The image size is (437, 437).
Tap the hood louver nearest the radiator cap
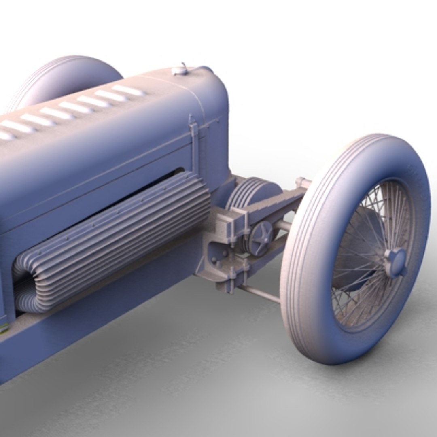coord(128,90)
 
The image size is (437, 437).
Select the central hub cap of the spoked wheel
coord(395,262)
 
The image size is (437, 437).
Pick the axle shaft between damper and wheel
coord(283,225)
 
